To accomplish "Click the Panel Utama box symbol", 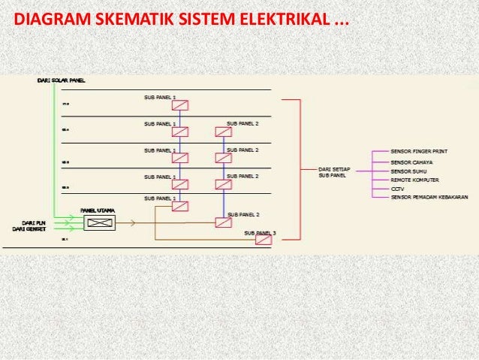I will coord(99,222).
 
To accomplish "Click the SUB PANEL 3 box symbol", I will coord(263,240).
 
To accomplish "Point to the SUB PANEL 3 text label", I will coord(260,232).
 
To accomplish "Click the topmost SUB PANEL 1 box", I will coord(179,105).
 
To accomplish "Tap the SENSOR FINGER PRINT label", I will coord(419,151).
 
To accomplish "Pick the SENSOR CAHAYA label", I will coord(411,162).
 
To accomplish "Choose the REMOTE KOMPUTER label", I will coord(414,180).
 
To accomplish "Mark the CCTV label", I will coord(397,189).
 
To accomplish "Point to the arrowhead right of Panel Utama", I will coord(134,222).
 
